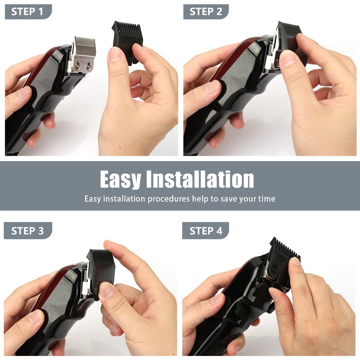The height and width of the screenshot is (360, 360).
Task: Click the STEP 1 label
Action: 27,12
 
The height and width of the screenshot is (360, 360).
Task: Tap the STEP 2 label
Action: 206,12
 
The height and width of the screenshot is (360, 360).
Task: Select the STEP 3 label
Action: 27,231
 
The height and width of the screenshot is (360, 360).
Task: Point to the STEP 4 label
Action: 206,231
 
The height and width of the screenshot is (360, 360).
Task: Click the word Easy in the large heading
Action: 120,180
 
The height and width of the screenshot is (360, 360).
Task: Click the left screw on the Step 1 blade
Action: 78,66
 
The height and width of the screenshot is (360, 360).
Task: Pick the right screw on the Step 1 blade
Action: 89,66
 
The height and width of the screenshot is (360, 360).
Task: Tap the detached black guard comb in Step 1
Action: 127,41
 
